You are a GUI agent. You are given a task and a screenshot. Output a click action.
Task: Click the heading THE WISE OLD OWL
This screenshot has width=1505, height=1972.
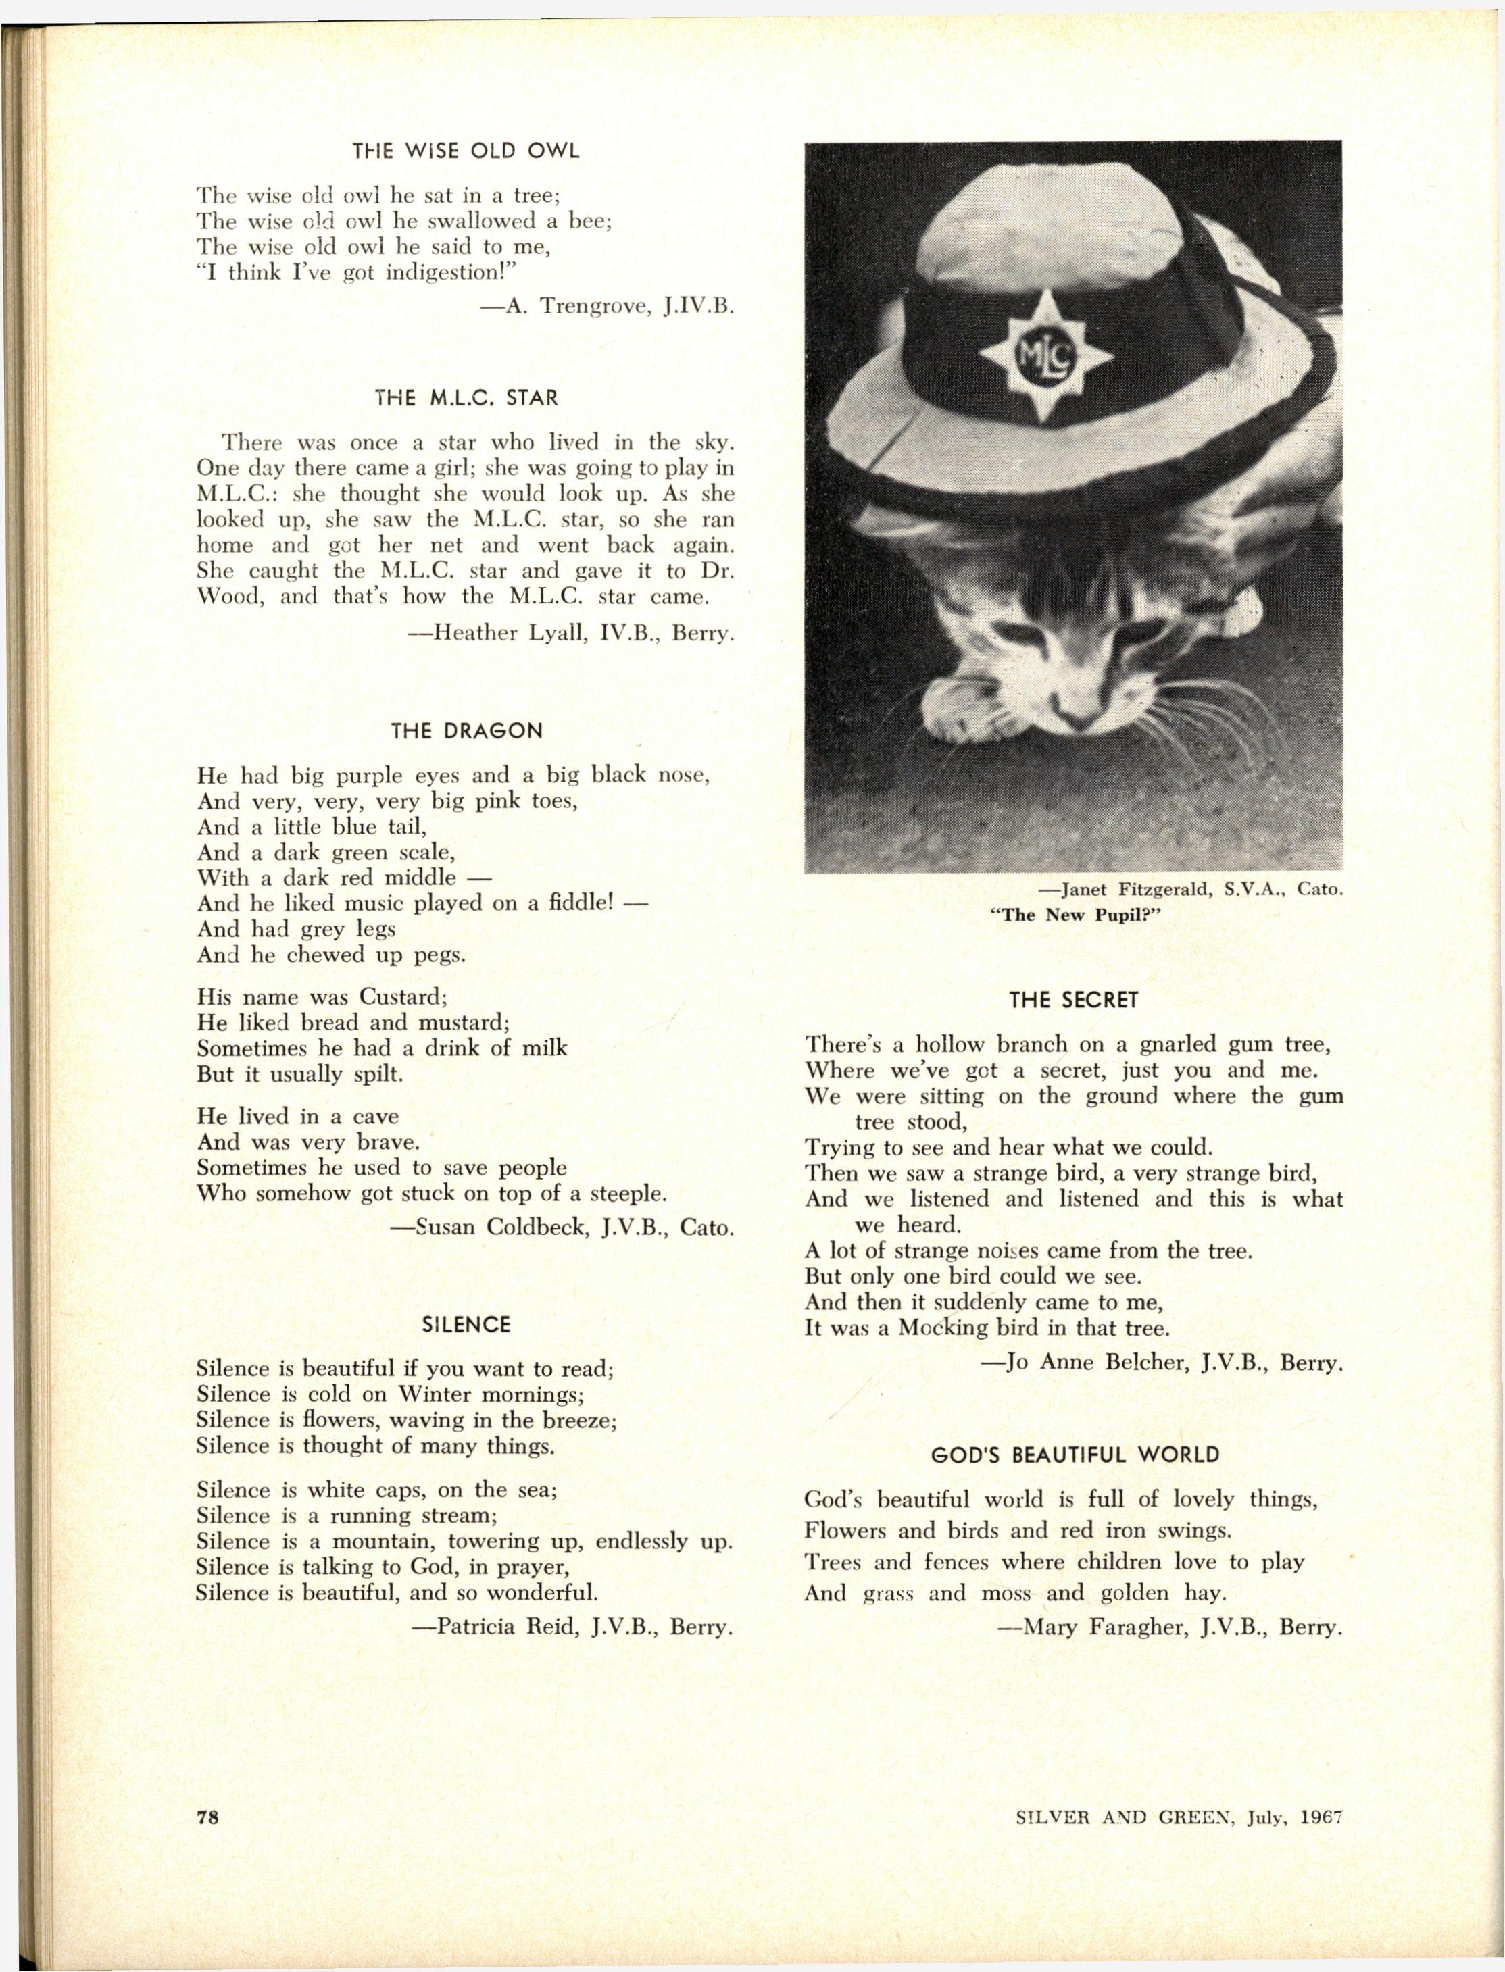click(x=465, y=151)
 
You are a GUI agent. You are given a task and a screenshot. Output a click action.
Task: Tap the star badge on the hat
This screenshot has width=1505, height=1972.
click(x=1045, y=357)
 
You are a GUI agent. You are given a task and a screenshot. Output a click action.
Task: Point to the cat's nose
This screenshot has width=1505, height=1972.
click(x=1075, y=712)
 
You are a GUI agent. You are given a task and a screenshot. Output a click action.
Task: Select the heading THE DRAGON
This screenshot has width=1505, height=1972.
click(x=467, y=731)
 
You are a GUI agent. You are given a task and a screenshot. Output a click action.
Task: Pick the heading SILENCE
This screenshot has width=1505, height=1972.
click(x=466, y=1325)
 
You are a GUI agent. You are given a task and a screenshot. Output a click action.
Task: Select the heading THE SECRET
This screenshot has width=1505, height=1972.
click(x=1073, y=1001)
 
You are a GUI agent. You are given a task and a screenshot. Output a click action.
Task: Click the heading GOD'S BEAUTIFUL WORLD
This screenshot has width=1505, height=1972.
click(x=1075, y=1455)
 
